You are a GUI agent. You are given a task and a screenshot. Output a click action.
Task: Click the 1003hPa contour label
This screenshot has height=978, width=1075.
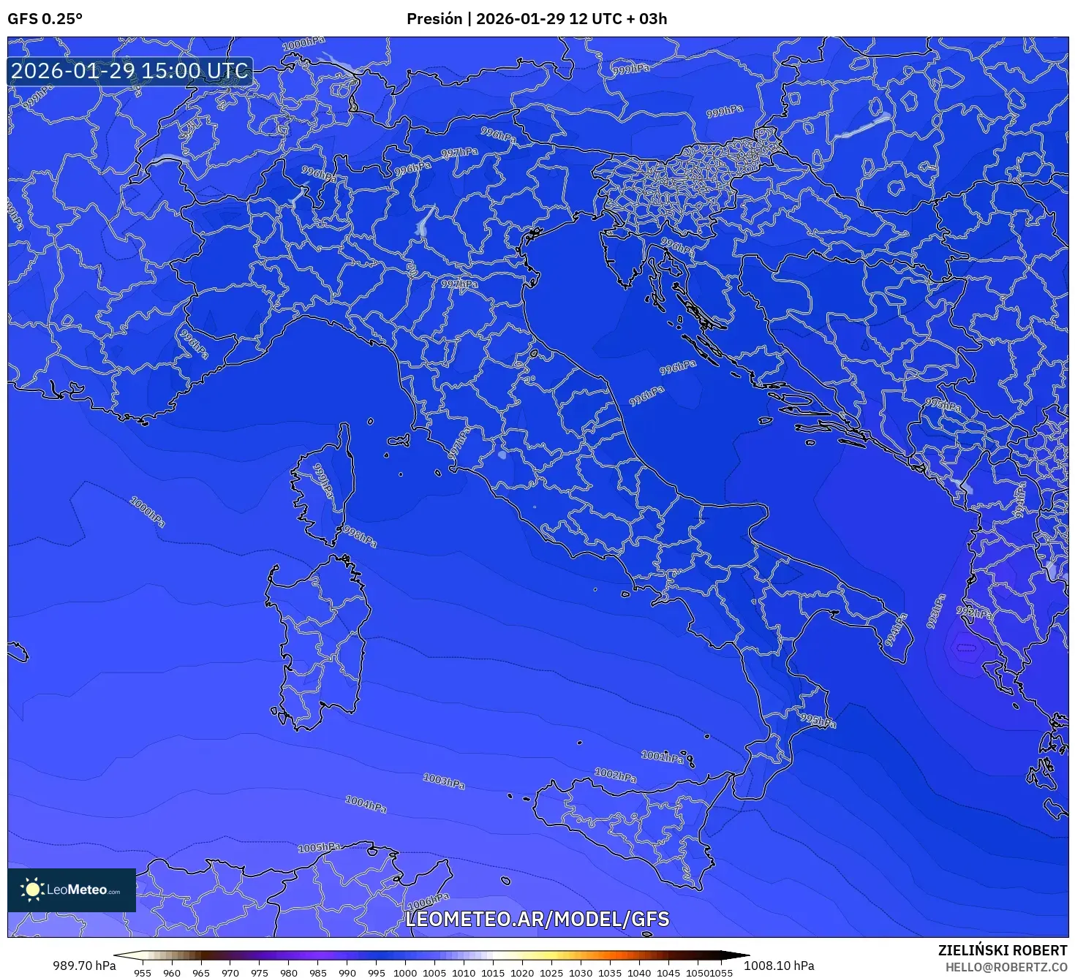tap(444, 781)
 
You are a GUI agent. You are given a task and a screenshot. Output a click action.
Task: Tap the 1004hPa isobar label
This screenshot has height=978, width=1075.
tap(366, 805)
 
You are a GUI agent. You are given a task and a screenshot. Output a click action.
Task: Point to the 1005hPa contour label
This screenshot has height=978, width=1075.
tap(320, 848)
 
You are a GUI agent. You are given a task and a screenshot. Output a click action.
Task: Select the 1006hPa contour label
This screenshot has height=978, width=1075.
tap(428, 901)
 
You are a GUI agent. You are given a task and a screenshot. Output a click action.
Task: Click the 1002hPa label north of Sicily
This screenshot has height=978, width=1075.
tap(615, 775)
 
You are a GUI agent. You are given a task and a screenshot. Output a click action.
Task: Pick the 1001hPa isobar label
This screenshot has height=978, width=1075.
tap(663, 757)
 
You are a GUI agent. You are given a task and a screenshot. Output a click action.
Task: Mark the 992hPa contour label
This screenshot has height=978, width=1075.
tap(974, 613)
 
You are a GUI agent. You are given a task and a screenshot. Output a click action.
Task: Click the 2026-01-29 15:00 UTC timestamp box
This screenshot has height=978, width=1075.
tap(130, 71)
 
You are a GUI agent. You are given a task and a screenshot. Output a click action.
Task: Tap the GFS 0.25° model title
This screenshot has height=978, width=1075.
tap(45, 19)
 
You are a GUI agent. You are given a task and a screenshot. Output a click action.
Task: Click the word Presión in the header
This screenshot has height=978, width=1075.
tap(434, 19)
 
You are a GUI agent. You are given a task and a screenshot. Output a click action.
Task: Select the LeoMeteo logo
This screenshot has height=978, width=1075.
tap(72, 890)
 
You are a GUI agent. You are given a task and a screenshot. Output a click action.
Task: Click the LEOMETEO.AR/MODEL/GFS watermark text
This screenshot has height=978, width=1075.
tap(537, 919)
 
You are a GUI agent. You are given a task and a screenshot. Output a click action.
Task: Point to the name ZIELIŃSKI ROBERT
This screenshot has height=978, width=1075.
tap(1002, 950)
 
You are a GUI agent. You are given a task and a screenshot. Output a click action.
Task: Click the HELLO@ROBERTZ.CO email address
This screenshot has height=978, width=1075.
tap(1006, 966)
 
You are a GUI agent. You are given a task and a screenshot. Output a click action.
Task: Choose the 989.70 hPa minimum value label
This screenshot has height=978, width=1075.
tap(84, 966)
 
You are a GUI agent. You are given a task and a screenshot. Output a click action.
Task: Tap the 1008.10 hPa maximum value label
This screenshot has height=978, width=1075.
tap(779, 966)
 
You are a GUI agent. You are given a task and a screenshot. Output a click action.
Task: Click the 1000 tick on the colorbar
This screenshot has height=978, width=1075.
tap(404, 972)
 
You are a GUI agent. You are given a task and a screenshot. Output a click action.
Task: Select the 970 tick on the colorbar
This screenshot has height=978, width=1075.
tap(230, 972)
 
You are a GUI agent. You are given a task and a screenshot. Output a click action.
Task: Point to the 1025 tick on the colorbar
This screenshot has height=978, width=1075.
tap(551, 972)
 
